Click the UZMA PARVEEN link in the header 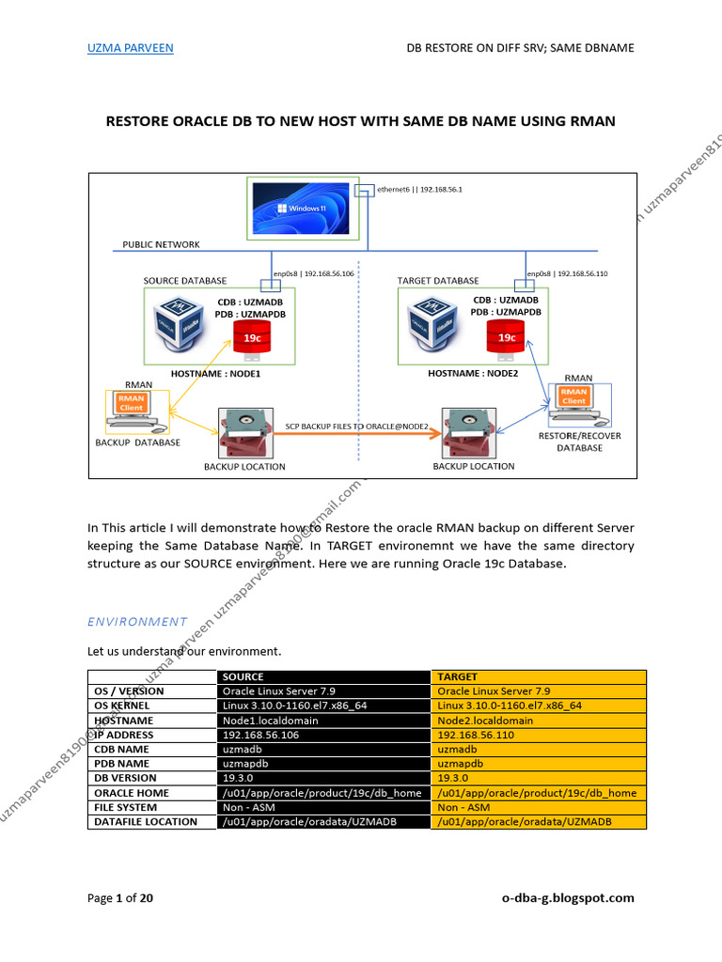[x=130, y=48]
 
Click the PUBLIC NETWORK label [x=161, y=244]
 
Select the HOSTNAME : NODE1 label [x=214, y=373]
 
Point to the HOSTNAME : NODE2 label [x=473, y=373]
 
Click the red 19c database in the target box [x=507, y=338]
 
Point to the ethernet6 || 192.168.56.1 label [x=419, y=189]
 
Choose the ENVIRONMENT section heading [x=137, y=621]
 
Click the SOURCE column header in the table [x=243, y=676]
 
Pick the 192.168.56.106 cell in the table [x=260, y=735]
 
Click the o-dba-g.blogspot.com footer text [x=568, y=898]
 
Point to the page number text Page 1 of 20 [x=120, y=898]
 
